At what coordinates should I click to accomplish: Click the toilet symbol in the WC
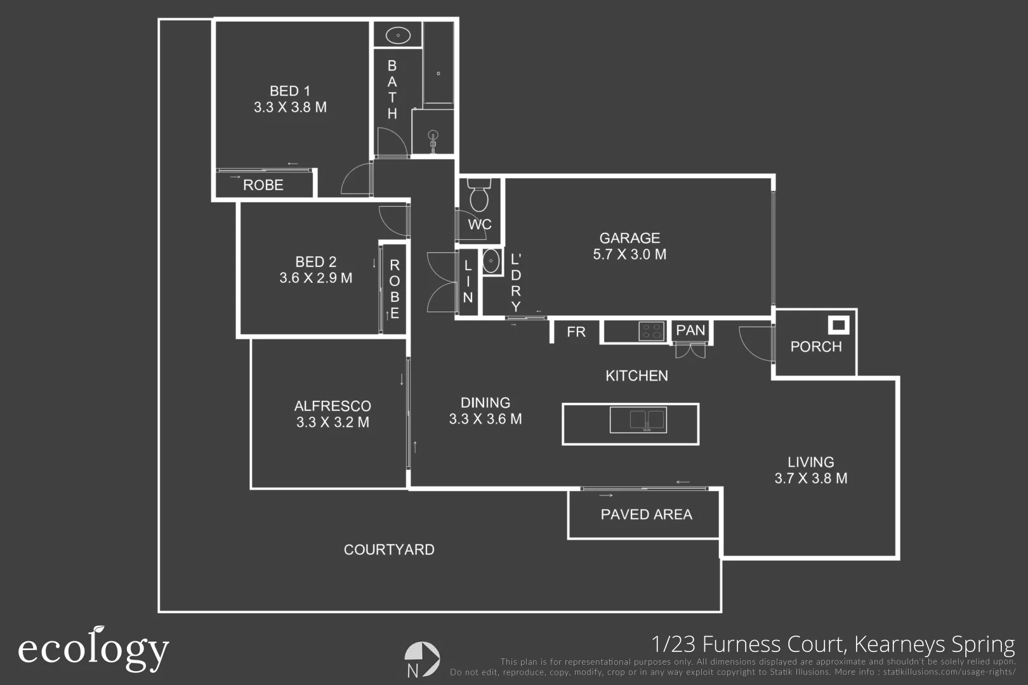[x=479, y=195]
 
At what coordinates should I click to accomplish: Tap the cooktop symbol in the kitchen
[x=652, y=331]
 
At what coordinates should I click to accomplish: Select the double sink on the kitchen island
[x=638, y=420]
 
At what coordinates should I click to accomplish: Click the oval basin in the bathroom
[x=398, y=36]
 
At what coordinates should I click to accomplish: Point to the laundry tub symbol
[x=491, y=261]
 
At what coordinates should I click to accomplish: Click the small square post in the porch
[x=838, y=325]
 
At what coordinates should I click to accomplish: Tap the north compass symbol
[x=422, y=659]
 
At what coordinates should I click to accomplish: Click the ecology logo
[x=94, y=648]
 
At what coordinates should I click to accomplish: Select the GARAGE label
[x=629, y=238]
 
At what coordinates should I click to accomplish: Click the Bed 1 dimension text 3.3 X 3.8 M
[x=290, y=107]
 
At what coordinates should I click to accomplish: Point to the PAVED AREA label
[x=646, y=514]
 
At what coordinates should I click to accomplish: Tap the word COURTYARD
[x=389, y=550]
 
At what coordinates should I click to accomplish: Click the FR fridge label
[x=576, y=332]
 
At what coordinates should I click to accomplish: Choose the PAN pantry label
[x=690, y=330]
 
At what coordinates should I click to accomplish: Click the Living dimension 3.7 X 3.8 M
[x=811, y=478]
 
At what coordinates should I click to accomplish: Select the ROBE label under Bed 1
[x=263, y=185]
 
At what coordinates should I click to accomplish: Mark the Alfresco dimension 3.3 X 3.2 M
[x=333, y=422]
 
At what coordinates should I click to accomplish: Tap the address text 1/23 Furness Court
[x=749, y=644]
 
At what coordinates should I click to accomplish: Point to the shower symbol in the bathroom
[x=433, y=138]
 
